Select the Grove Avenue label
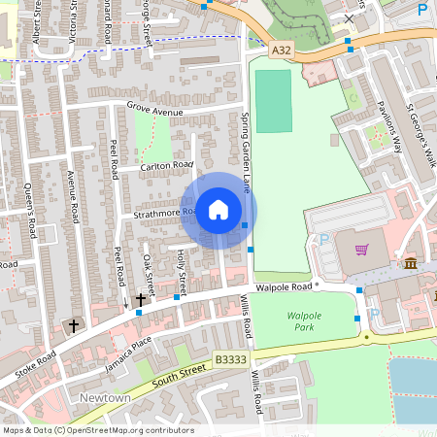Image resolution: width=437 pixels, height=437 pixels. tap(154, 111)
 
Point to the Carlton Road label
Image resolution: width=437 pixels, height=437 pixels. tap(166, 166)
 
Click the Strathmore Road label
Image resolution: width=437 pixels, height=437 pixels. tap(160, 213)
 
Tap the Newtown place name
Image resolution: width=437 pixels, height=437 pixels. tap(105, 398)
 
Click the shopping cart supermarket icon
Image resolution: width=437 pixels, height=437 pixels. tap(361, 250)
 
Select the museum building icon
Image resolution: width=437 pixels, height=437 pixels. tap(411, 263)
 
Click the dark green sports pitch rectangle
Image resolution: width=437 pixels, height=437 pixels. tap(274, 101)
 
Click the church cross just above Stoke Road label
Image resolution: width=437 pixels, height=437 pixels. tap(73, 325)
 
